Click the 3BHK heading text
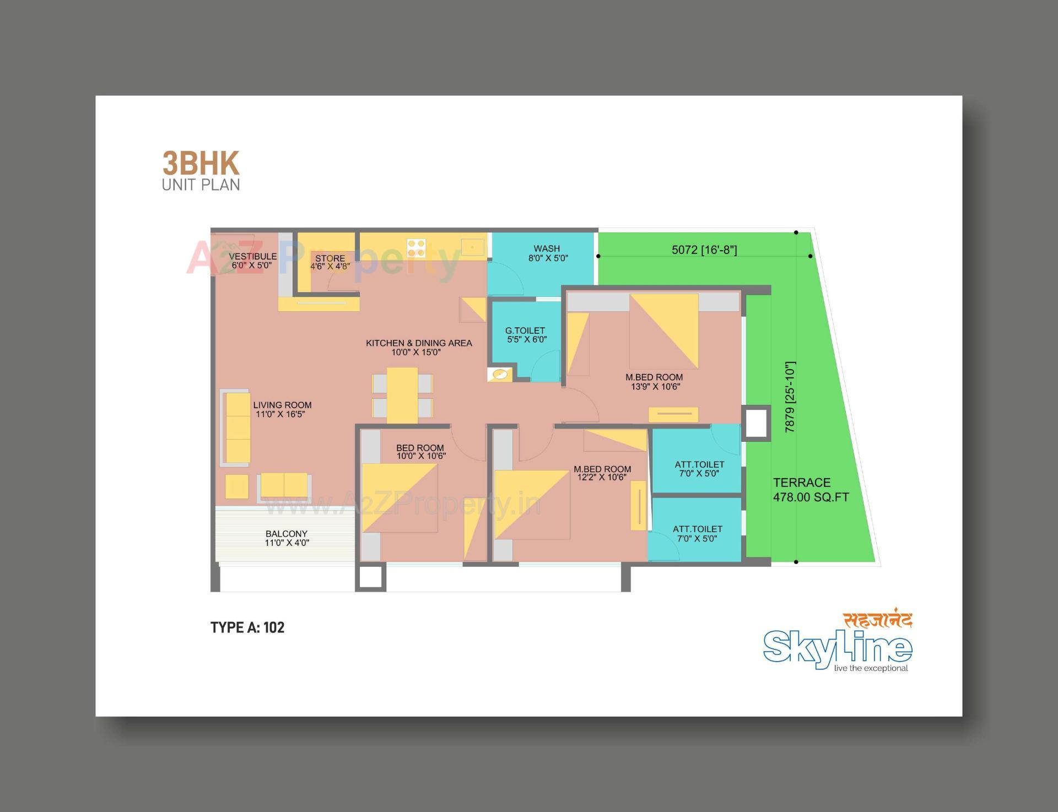pyautogui.click(x=201, y=164)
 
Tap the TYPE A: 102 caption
pyautogui.click(x=247, y=627)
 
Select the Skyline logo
pyautogui.click(x=838, y=645)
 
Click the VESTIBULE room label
pyautogui.click(x=252, y=261)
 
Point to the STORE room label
pyautogui.click(x=330, y=262)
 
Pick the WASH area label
pyautogui.click(x=547, y=253)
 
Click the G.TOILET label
pyautogui.click(x=526, y=335)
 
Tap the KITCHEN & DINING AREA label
pyautogui.click(x=419, y=348)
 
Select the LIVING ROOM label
pyautogui.click(x=282, y=409)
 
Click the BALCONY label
pyautogui.click(x=287, y=538)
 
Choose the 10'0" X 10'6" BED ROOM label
pyautogui.click(x=420, y=452)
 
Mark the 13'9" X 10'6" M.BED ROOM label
pyautogui.click(x=655, y=382)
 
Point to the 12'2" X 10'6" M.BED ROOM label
pyautogui.click(x=602, y=473)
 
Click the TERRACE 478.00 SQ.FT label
pyautogui.click(x=810, y=490)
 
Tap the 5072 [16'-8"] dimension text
pyautogui.click(x=704, y=250)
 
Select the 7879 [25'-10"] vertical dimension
pyautogui.click(x=790, y=397)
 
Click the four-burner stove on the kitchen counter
pyautogui.click(x=417, y=248)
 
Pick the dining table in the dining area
pyautogui.click(x=402, y=395)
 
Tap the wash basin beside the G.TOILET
pyautogui.click(x=500, y=375)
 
